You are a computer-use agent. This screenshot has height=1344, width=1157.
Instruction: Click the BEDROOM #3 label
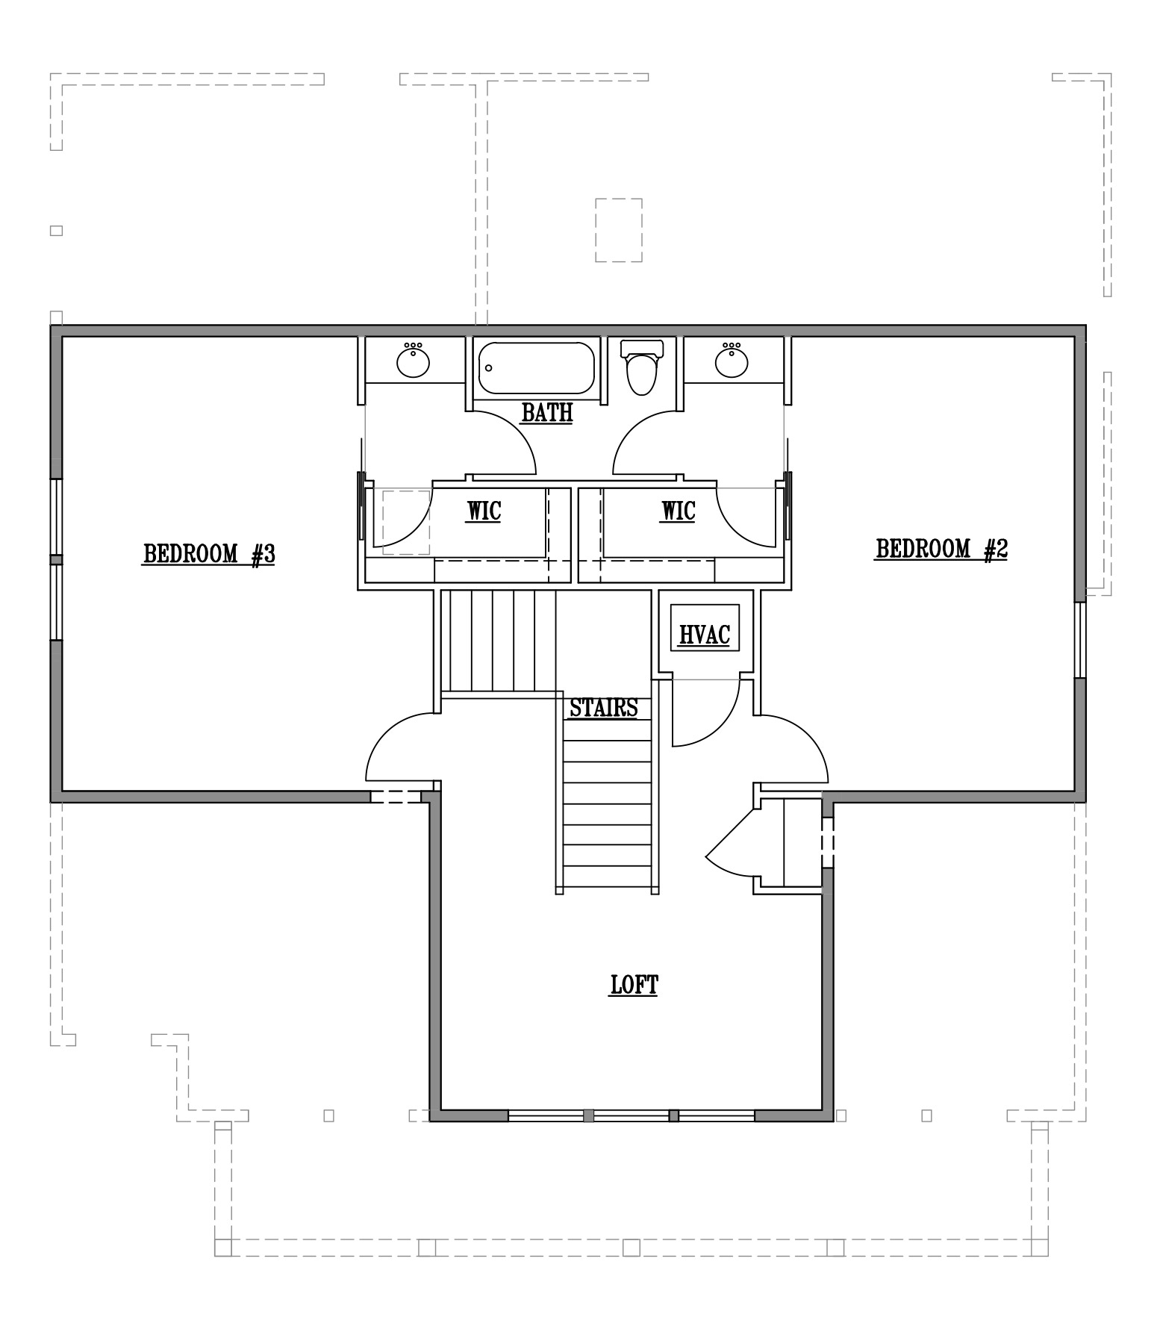coord(209,554)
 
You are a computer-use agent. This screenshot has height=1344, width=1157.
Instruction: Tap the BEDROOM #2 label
coord(941,549)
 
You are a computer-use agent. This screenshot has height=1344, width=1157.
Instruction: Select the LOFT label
coord(634,985)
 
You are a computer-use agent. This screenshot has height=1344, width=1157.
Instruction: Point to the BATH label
coord(547,412)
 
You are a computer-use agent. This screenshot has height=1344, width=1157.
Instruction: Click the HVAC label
coord(704,635)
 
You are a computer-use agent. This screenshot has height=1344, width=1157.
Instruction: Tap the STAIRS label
coord(604,707)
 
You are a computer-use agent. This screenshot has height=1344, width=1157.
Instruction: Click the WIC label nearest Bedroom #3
coord(484,511)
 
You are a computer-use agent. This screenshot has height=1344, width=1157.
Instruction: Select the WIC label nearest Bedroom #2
coord(678,511)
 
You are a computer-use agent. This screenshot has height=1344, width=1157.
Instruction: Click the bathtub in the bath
coord(536,367)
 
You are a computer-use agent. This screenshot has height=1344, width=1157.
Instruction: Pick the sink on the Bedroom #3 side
coord(413,361)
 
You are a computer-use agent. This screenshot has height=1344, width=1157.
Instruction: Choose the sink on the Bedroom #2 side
coord(732,361)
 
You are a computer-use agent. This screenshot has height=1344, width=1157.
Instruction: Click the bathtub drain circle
coord(489,368)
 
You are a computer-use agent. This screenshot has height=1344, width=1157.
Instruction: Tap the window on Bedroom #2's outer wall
coord(1080,640)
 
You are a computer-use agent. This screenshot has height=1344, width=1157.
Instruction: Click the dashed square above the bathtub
coord(619,230)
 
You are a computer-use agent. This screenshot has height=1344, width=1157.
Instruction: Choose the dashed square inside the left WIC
coord(406,522)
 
